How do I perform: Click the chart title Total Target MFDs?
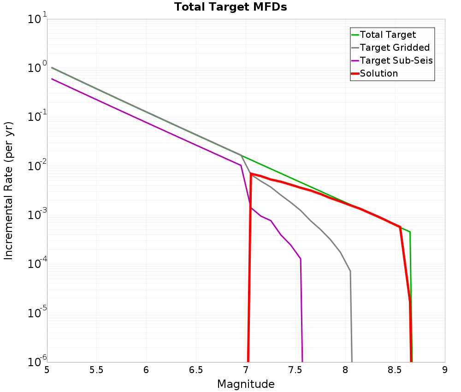click(230, 7)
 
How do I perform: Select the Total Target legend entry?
click(388, 35)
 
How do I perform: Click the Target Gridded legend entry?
click(395, 48)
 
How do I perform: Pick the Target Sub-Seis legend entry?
click(396, 60)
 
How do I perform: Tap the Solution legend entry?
click(378, 73)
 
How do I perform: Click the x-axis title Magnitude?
click(246, 384)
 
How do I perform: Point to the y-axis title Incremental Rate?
click(9, 190)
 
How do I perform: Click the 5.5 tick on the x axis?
click(96, 370)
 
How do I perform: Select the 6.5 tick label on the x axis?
click(196, 370)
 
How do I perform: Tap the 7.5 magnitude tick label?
click(296, 370)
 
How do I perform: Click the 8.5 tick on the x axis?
click(395, 370)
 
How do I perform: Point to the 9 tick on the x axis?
click(445, 370)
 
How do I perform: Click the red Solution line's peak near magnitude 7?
click(251, 173)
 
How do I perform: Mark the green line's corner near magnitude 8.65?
click(410, 232)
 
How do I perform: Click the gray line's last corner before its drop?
click(350, 271)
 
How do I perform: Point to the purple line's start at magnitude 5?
click(52, 79)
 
